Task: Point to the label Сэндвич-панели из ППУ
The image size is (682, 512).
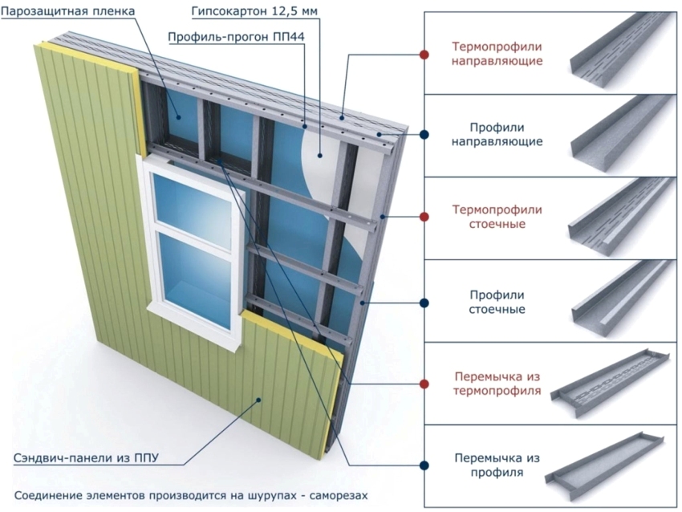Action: (86, 458)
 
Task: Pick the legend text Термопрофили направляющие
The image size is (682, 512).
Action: (497, 54)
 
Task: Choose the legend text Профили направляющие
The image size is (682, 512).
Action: (497, 135)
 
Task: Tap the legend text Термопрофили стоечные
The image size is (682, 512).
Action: (497, 217)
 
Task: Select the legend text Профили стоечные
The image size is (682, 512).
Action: (497, 301)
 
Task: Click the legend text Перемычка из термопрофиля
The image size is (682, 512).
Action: (497, 384)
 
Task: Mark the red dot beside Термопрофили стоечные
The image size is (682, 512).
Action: (424, 217)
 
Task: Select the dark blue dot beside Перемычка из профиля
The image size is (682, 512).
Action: (424, 465)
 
